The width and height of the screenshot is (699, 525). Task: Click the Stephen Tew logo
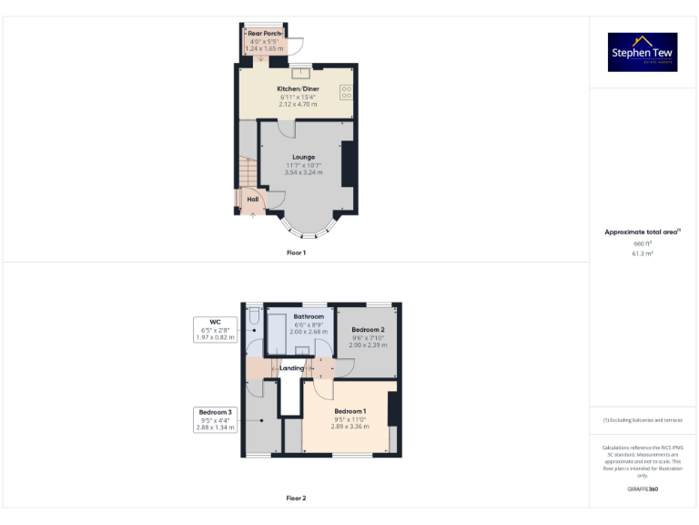[x=643, y=52]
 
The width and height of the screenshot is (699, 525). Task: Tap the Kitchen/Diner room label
[x=298, y=88]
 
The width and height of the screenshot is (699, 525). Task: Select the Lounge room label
[x=304, y=157]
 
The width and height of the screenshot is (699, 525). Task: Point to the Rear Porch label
[x=265, y=34]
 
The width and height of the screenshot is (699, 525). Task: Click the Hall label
[x=252, y=199]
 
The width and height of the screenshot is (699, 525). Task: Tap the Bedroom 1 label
[x=349, y=411]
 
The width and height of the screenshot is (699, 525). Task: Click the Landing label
[x=291, y=368]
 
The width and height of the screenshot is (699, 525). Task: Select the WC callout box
[x=215, y=329]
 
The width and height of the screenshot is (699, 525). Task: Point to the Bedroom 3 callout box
[x=215, y=418]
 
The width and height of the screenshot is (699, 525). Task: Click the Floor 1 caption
[x=296, y=252]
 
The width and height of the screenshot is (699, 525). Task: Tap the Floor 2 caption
[x=296, y=498]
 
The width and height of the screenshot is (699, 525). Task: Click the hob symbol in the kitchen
[x=347, y=91]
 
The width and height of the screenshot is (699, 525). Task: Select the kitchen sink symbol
[x=298, y=74]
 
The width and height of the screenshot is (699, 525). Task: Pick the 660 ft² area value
[x=643, y=243]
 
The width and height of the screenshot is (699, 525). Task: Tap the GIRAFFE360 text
[x=643, y=489]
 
